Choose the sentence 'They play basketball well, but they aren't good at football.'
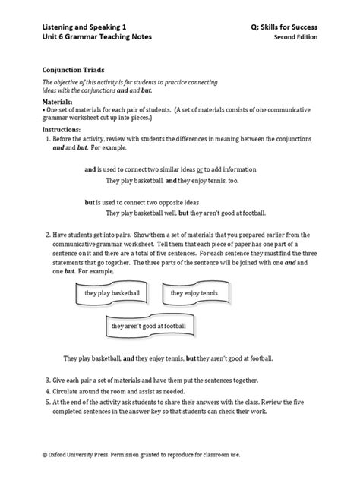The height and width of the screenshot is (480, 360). pos(186,215)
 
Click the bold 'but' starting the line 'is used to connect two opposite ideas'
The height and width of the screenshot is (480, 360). pos(89,203)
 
